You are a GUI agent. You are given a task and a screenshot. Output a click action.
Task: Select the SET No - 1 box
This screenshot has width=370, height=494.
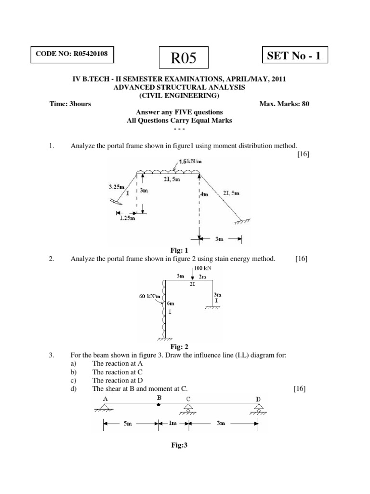point(294,56)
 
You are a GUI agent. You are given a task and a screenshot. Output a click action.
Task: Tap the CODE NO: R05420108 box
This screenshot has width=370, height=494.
point(73,55)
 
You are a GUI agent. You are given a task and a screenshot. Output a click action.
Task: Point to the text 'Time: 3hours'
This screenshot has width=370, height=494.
point(70,103)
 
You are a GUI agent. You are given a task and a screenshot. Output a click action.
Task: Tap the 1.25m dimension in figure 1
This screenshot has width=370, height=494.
point(127,218)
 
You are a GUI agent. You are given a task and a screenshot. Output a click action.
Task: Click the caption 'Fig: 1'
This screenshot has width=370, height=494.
point(178,250)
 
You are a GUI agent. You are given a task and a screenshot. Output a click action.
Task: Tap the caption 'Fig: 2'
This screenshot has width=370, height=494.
point(178,347)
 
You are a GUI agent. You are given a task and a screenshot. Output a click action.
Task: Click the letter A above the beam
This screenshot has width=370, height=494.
point(106,398)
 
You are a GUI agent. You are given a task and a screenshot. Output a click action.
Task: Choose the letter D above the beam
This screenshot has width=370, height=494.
point(259,399)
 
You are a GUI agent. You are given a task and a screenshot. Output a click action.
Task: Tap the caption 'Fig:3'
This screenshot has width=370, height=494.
point(178,445)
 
